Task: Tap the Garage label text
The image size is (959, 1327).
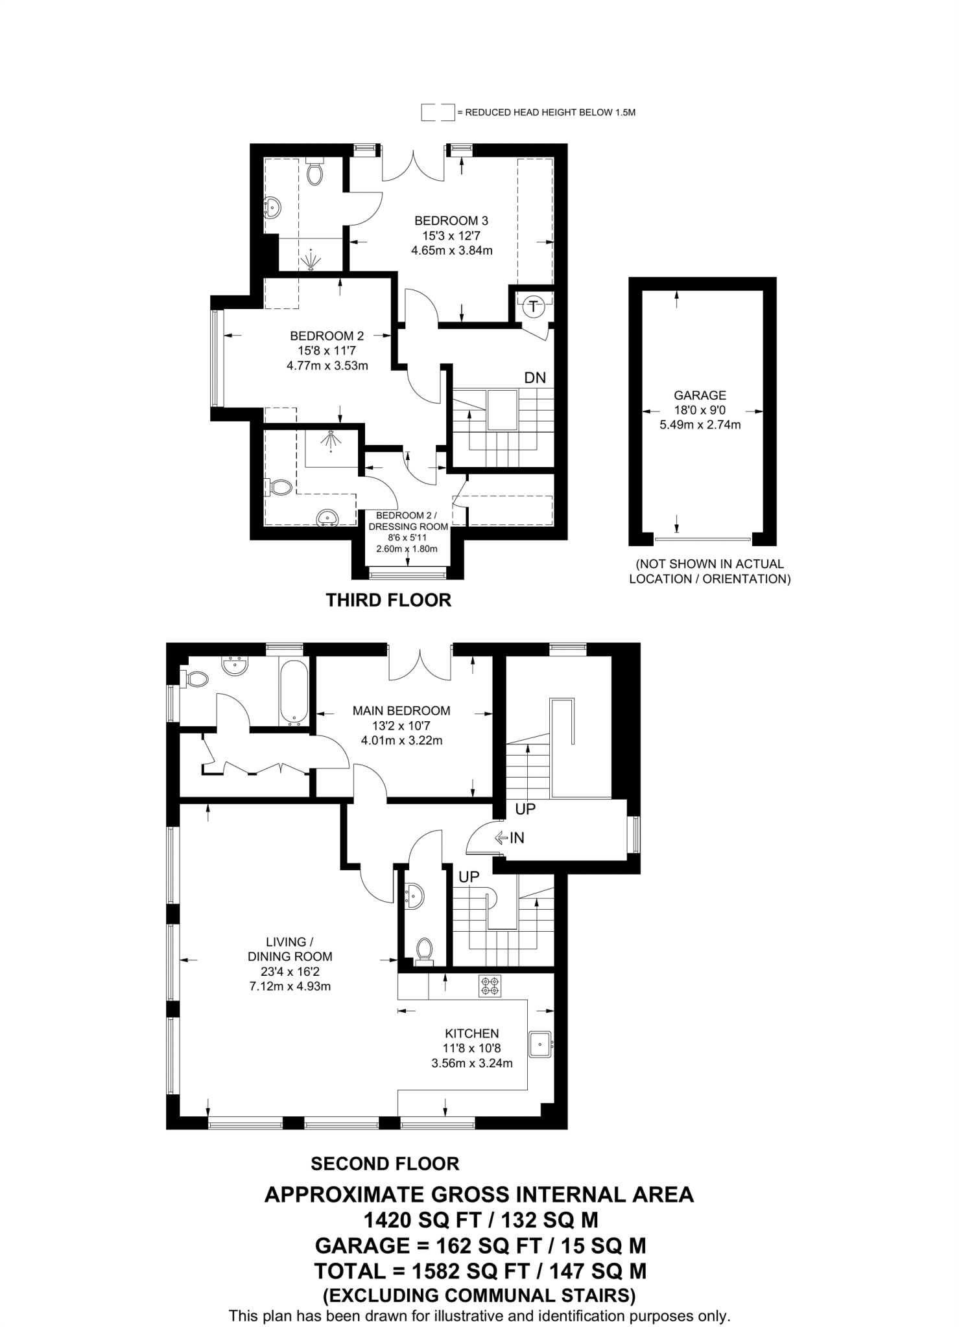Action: (x=700, y=395)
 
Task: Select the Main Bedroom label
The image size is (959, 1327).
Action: (x=401, y=711)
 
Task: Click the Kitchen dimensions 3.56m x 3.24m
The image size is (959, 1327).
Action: (x=471, y=1063)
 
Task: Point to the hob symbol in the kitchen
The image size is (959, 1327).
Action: (x=490, y=986)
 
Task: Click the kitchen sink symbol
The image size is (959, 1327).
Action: (x=540, y=1044)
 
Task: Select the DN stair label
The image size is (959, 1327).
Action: (x=535, y=378)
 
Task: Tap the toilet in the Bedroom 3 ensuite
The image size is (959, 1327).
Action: (x=314, y=173)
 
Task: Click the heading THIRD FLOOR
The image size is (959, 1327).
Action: (x=388, y=600)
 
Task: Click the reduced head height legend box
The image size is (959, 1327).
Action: (x=437, y=113)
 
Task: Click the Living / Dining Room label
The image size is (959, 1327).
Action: (x=290, y=949)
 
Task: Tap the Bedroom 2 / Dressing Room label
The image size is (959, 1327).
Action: (x=408, y=521)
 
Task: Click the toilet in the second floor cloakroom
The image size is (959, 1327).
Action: (x=425, y=951)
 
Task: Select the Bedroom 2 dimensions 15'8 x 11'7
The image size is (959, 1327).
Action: (x=327, y=351)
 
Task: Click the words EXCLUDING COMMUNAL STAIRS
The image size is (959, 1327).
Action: (x=479, y=1295)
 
